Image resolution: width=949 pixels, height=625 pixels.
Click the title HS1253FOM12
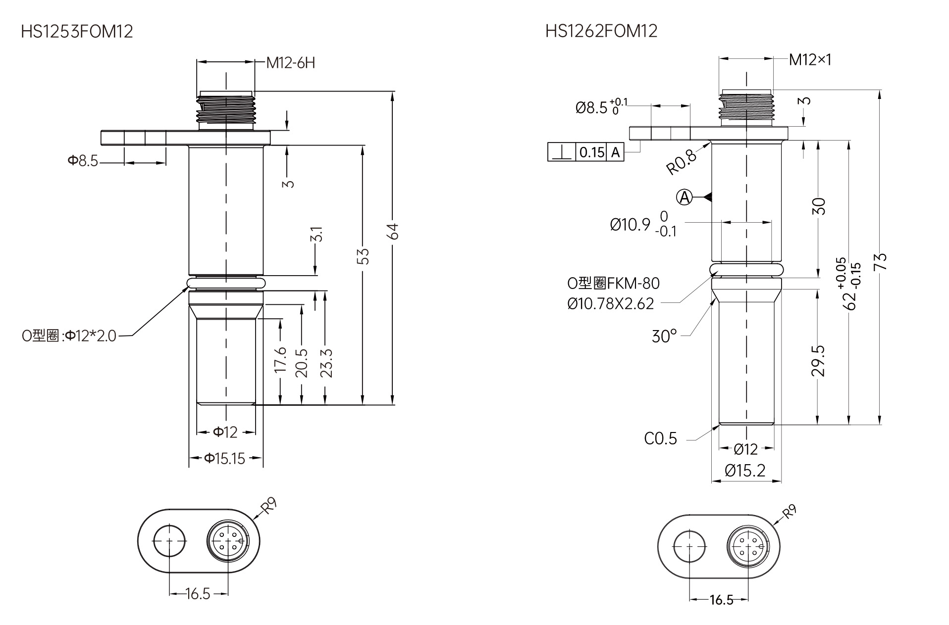[77, 32]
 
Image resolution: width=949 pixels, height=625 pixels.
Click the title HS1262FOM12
[601, 31]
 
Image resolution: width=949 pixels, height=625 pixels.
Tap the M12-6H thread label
[290, 63]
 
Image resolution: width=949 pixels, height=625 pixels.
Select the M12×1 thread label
[810, 60]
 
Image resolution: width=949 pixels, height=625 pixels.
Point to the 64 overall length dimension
[392, 231]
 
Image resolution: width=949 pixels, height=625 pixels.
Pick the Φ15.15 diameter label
[225, 459]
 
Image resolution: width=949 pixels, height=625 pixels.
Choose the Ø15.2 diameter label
[745, 470]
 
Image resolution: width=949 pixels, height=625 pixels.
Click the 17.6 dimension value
[280, 359]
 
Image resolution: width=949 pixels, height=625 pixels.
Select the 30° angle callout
[664, 337]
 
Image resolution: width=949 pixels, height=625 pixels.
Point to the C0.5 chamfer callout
[660, 438]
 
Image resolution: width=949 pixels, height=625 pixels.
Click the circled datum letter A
[685, 197]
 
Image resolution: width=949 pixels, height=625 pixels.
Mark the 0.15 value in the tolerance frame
[592, 152]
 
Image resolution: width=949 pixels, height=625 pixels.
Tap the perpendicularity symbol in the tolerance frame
[561, 152]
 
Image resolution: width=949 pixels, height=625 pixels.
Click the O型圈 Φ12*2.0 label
[69, 336]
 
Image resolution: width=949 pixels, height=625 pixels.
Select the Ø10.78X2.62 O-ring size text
[611, 303]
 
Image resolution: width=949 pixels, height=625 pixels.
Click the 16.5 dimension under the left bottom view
[198, 594]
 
